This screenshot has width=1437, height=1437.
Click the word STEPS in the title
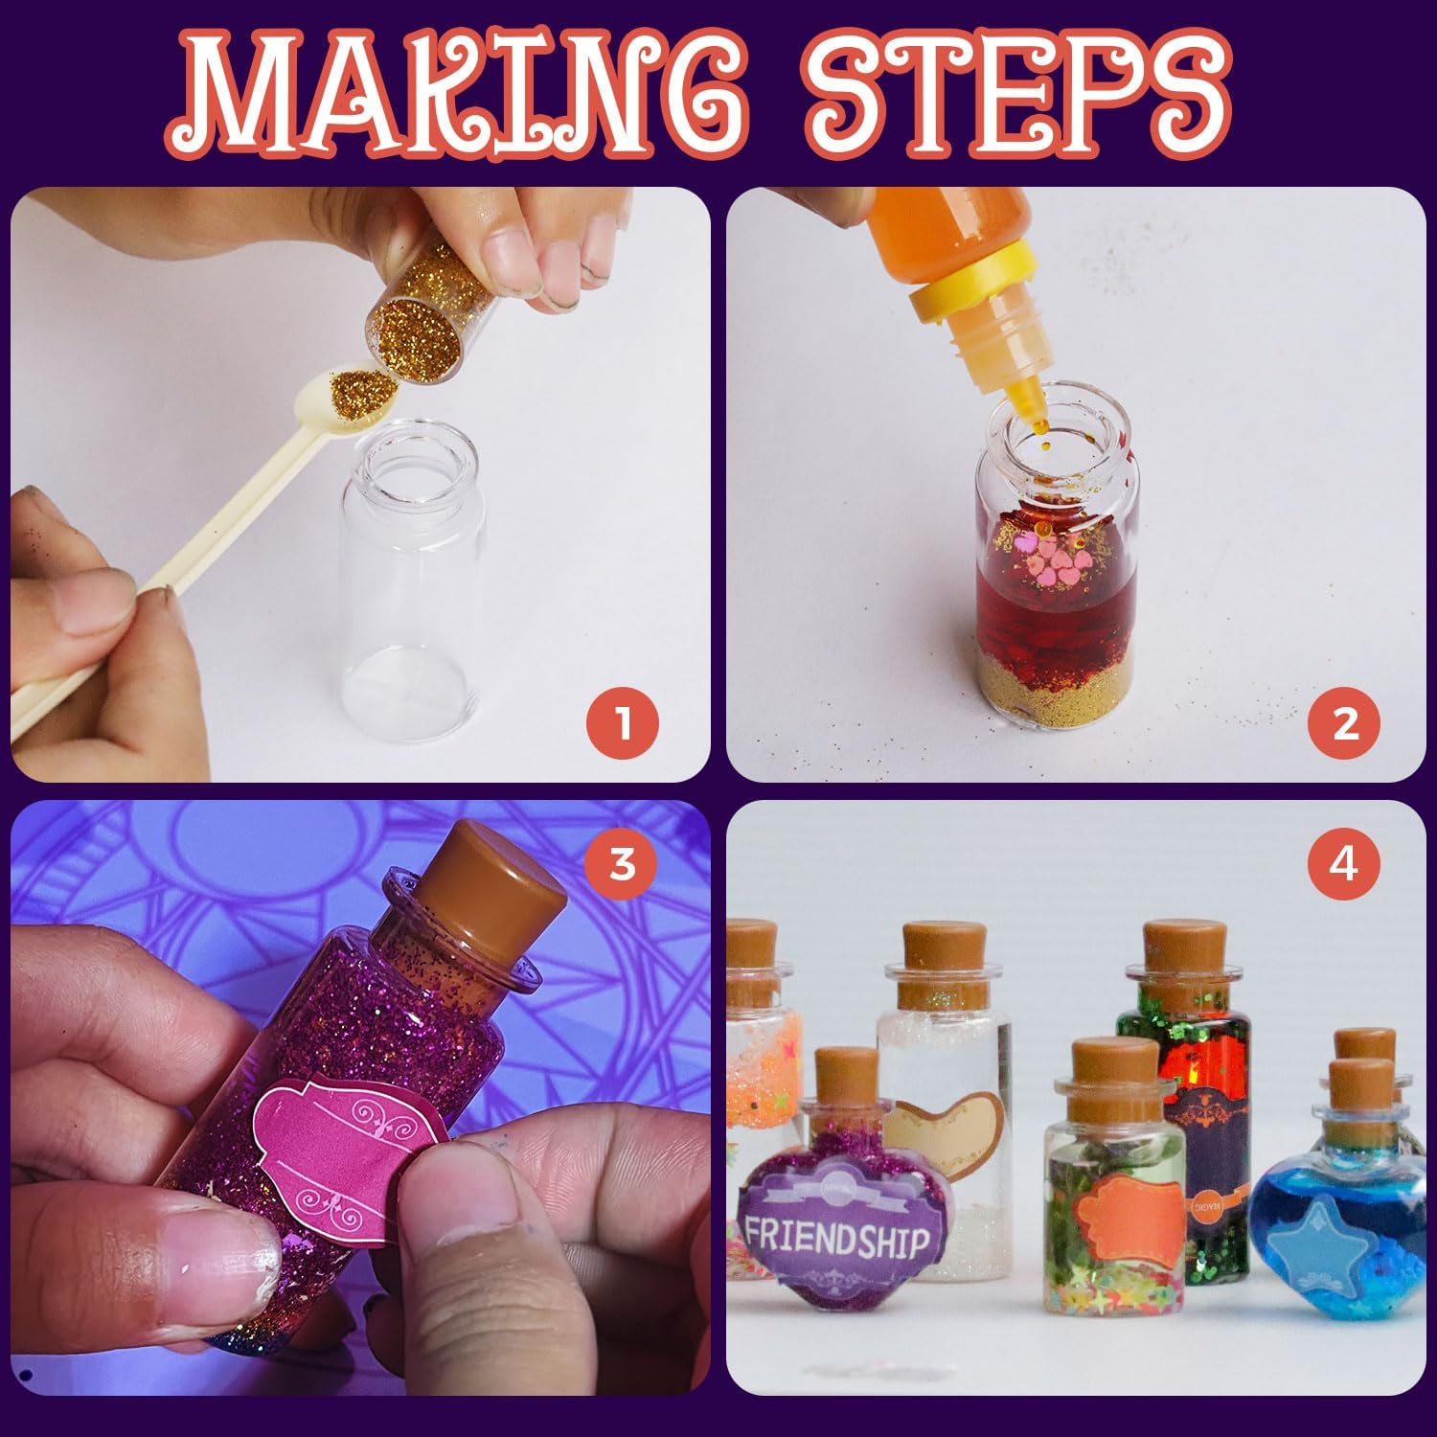tap(1015, 101)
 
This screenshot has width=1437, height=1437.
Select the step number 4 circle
tap(1344, 863)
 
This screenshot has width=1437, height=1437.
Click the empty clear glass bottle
tap(412, 584)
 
